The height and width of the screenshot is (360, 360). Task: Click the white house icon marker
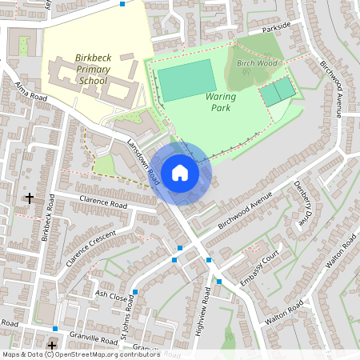click(180, 172)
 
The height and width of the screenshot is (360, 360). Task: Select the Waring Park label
click(221, 101)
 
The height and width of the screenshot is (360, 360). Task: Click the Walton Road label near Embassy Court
click(285, 312)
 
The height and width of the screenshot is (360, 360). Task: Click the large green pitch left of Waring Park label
click(186, 80)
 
